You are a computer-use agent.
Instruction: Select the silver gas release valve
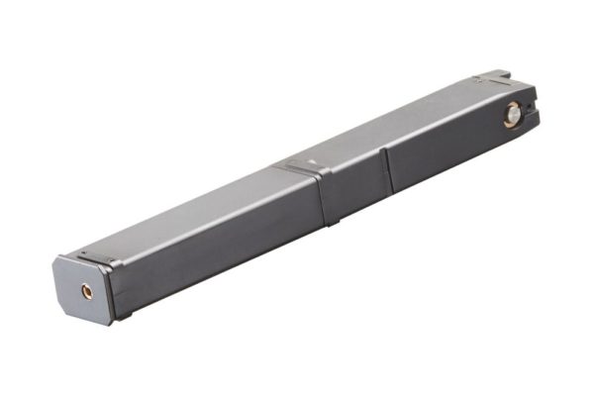click(511, 118)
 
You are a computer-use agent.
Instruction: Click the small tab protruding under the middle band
click(332, 221)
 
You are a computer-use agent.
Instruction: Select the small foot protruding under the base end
click(123, 317)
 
